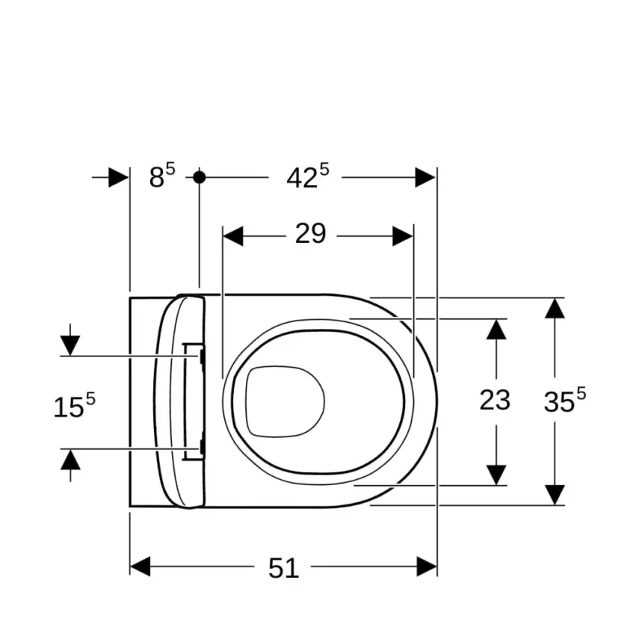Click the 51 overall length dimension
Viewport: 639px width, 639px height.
tap(284, 568)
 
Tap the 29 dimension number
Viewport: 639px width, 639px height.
tap(311, 233)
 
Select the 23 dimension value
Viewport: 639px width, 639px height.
tap(495, 400)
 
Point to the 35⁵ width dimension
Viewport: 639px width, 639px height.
tap(565, 400)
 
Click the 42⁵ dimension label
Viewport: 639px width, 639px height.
tap(308, 176)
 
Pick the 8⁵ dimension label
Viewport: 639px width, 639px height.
tap(162, 176)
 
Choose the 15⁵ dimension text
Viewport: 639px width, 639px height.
tap(74, 406)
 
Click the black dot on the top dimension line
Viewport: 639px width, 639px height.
tap(200, 177)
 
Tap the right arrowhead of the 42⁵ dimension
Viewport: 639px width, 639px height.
tap(425, 177)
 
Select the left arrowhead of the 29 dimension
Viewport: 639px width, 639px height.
tap(233, 236)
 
